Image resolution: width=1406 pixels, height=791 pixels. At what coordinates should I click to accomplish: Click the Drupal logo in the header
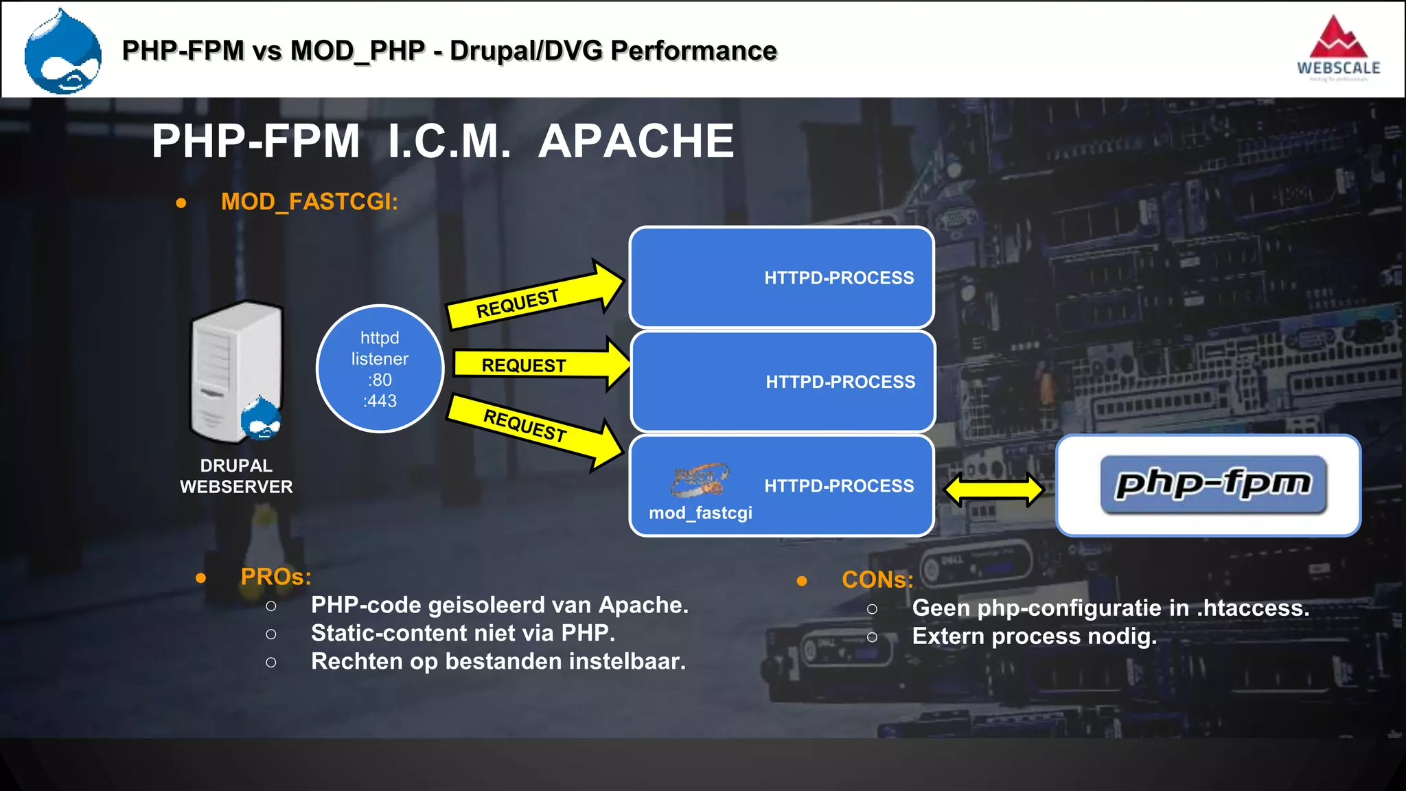(62, 52)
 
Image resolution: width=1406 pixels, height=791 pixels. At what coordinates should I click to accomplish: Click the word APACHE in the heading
(636, 141)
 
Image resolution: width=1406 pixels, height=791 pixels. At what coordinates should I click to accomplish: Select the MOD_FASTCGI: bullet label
(309, 202)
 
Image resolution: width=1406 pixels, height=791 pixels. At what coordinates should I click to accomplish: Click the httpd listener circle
(380, 369)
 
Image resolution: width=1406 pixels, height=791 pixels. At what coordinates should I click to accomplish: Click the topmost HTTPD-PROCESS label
(839, 278)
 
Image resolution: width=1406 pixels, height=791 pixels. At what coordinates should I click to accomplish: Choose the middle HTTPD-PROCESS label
(840, 382)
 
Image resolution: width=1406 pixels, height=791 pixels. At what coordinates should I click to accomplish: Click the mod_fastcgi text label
(700, 513)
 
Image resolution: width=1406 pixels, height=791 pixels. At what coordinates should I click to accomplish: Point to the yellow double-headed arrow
(994, 490)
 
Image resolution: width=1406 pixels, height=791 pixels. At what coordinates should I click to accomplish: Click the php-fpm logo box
(1208, 485)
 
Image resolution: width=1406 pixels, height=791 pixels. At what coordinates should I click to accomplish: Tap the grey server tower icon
(235, 371)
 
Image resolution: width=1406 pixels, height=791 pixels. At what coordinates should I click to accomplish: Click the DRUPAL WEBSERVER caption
(236, 477)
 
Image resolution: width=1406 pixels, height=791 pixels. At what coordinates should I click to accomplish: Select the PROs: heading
(276, 577)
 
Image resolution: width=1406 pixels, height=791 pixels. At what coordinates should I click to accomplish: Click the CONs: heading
(877, 580)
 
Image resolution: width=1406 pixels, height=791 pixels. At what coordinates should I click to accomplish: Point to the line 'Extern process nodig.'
(1034, 637)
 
